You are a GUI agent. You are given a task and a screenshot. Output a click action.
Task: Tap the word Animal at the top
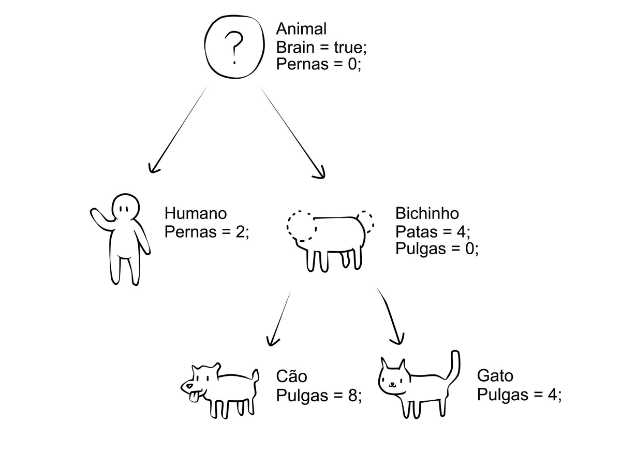pos(301,28)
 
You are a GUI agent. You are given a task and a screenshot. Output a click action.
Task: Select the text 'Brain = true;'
pos(321,47)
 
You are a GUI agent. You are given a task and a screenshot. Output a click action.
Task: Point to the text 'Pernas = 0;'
pos(318,65)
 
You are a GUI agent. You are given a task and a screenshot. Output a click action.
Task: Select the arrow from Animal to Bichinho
pos(292,133)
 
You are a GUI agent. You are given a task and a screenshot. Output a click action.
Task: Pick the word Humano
pos(196,213)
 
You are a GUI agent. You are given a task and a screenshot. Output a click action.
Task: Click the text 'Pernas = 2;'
pos(206,231)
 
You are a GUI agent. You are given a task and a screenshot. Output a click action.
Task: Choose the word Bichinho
pos(427,213)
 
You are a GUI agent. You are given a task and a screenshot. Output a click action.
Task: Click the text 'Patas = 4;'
pos(433,231)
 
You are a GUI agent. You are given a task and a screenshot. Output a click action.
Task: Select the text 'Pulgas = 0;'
pos(437,249)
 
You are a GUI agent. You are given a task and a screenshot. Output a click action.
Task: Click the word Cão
pos(292,376)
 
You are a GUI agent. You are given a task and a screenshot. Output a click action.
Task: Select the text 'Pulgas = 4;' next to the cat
pos(519,395)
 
